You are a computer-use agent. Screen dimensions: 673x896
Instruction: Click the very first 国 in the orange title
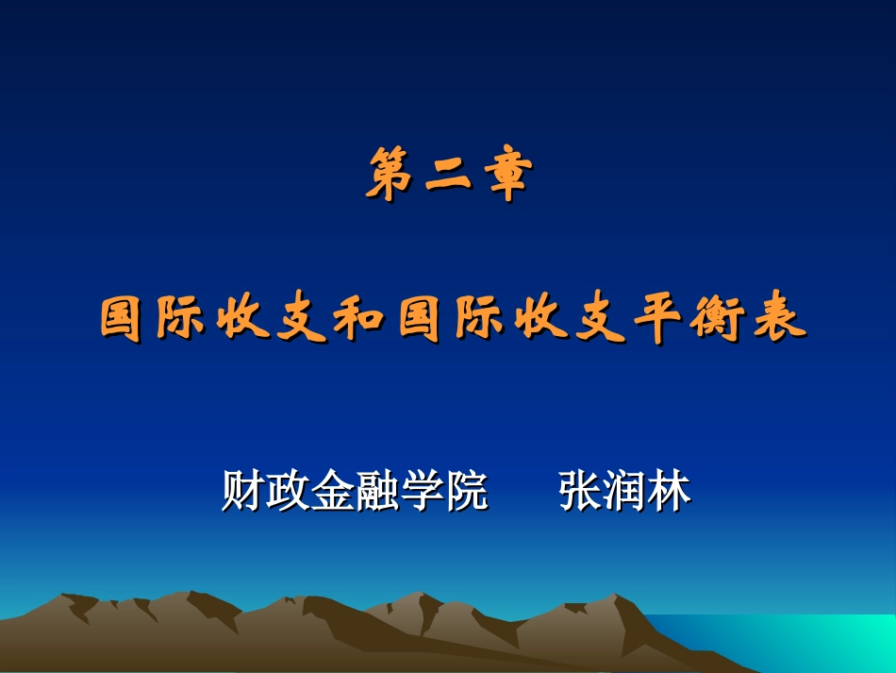(x=124, y=321)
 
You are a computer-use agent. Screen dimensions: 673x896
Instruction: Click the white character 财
(x=243, y=492)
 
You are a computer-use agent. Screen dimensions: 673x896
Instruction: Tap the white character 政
(x=288, y=492)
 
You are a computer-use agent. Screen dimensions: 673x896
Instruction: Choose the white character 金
(x=332, y=492)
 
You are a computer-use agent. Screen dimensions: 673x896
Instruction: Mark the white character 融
(x=376, y=492)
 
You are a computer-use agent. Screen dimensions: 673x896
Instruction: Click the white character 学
(x=421, y=492)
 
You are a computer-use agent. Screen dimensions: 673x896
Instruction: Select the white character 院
(x=465, y=492)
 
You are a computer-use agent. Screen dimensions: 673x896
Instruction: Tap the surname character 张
(x=581, y=492)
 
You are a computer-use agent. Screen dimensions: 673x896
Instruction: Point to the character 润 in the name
(x=625, y=492)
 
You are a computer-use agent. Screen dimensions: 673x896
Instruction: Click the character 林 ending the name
(x=670, y=492)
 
